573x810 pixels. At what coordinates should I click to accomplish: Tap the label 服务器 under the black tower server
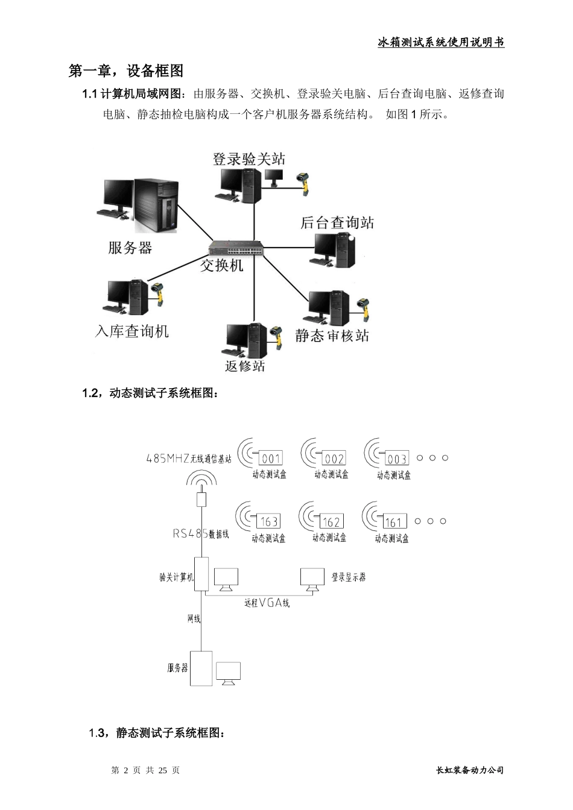pos(130,248)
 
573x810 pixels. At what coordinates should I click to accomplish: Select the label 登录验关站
pos(249,159)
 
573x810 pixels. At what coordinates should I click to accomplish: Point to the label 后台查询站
pos(337,222)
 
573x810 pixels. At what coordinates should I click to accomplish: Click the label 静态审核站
pos(332,336)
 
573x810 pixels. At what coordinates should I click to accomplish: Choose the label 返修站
pos(245,366)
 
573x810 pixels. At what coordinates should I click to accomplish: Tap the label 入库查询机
pos(132,331)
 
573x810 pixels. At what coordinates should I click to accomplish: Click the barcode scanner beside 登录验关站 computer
pos(304,183)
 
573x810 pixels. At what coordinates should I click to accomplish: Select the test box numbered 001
pos(271,459)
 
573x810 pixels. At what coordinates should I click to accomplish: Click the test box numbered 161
pos(393,521)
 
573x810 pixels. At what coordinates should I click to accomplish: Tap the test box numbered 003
pos(396,459)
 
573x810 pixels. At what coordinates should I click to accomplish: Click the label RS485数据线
pos(201,533)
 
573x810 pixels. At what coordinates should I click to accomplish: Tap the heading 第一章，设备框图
pos(126,71)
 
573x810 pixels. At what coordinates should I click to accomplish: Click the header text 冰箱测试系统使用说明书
pos(440,42)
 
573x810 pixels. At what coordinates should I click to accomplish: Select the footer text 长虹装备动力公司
pos(469,770)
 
